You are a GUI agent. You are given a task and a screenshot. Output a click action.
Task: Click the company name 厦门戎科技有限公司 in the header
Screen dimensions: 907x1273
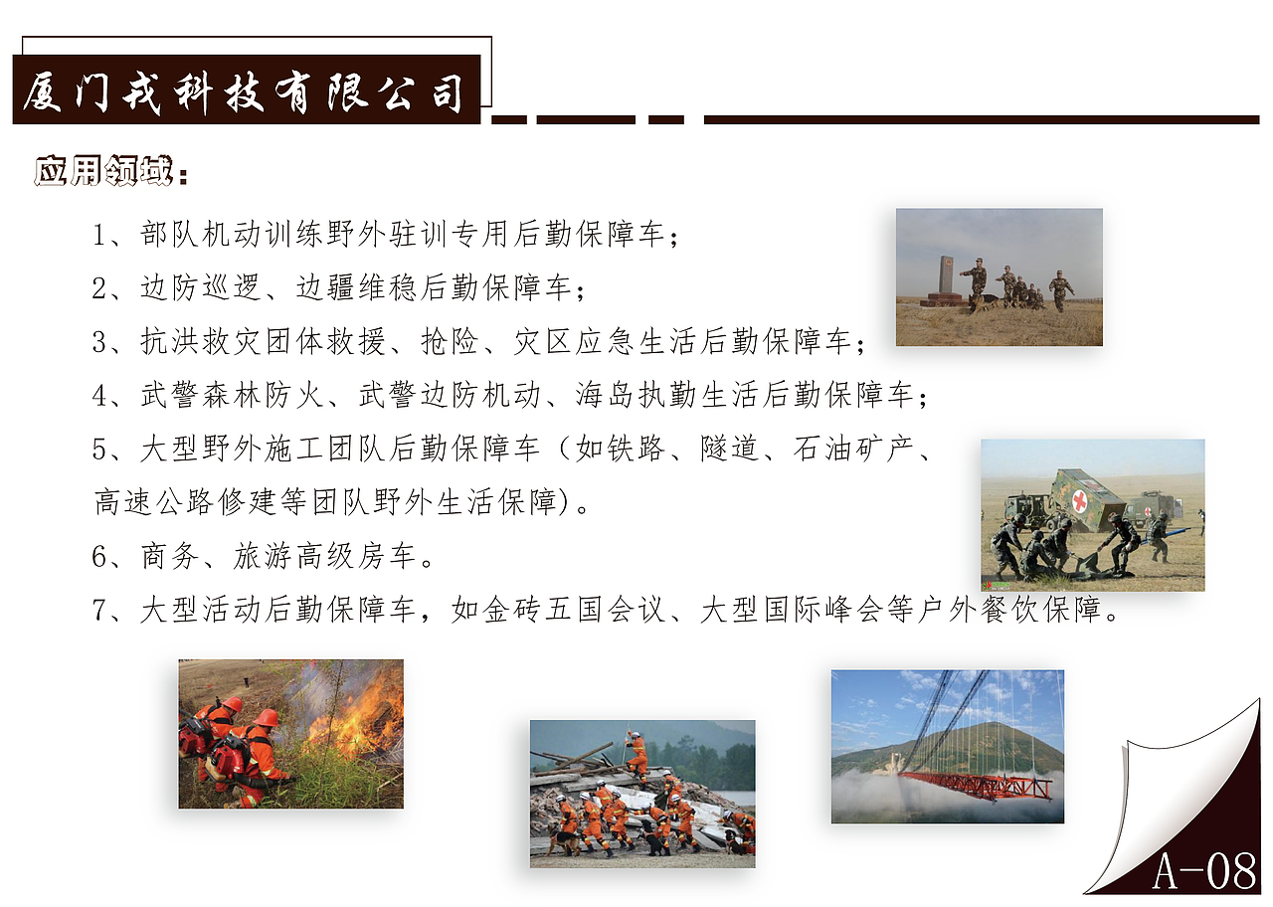pyautogui.click(x=245, y=91)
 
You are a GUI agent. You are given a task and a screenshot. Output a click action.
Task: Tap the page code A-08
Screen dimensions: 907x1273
pyautogui.click(x=1204, y=871)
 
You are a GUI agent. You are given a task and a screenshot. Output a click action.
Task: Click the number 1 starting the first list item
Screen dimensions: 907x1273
pyautogui.click(x=99, y=236)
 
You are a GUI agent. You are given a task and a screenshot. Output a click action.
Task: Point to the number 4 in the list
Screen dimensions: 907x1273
pyautogui.click(x=99, y=396)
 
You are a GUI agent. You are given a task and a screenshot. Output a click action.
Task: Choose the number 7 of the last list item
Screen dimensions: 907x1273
pyautogui.click(x=99, y=610)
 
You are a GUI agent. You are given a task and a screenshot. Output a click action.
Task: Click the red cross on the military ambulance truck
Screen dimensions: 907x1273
pyautogui.click(x=1080, y=500)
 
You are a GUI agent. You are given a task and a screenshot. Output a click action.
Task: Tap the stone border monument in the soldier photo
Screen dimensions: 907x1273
pyautogui.click(x=945, y=278)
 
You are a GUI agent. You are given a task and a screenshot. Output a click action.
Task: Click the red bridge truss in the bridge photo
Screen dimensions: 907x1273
pyautogui.click(x=975, y=784)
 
